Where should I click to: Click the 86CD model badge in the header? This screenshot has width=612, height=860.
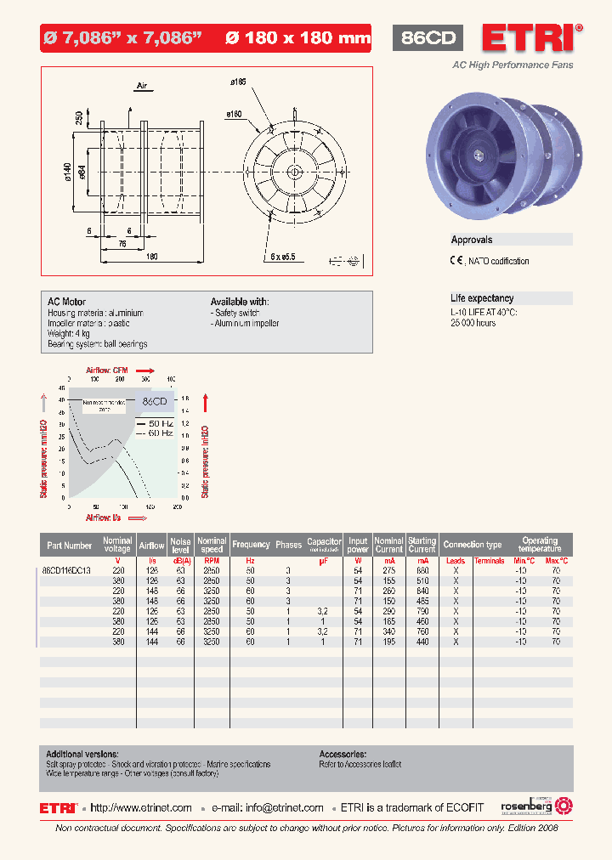(x=428, y=38)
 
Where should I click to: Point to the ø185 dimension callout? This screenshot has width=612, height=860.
(x=237, y=82)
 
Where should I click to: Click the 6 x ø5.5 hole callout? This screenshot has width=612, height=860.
(x=283, y=255)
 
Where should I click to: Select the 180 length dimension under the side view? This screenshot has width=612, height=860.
(x=152, y=256)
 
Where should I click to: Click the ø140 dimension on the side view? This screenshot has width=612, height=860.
(x=67, y=173)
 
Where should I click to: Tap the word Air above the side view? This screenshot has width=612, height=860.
(x=142, y=86)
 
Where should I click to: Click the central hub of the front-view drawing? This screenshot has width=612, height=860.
(x=294, y=173)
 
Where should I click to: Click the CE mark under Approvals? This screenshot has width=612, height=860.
(x=456, y=261)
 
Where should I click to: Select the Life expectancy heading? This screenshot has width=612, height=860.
(x=482, y=298)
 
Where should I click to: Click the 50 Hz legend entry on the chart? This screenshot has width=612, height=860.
(x=161, y=422)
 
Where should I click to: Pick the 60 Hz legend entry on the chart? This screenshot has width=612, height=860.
(x=161, y=433)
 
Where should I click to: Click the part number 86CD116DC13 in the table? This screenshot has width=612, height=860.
(x=67, y=570)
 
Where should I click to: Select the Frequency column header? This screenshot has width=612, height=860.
(x=251, y=545)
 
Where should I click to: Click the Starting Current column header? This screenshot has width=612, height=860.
(x=422, y=545)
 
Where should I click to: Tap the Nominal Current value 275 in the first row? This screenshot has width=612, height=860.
(x=388, y=570)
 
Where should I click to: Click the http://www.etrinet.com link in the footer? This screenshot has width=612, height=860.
(x=141, y=808)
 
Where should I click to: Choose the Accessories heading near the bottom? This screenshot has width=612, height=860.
(x=343, y=754)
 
